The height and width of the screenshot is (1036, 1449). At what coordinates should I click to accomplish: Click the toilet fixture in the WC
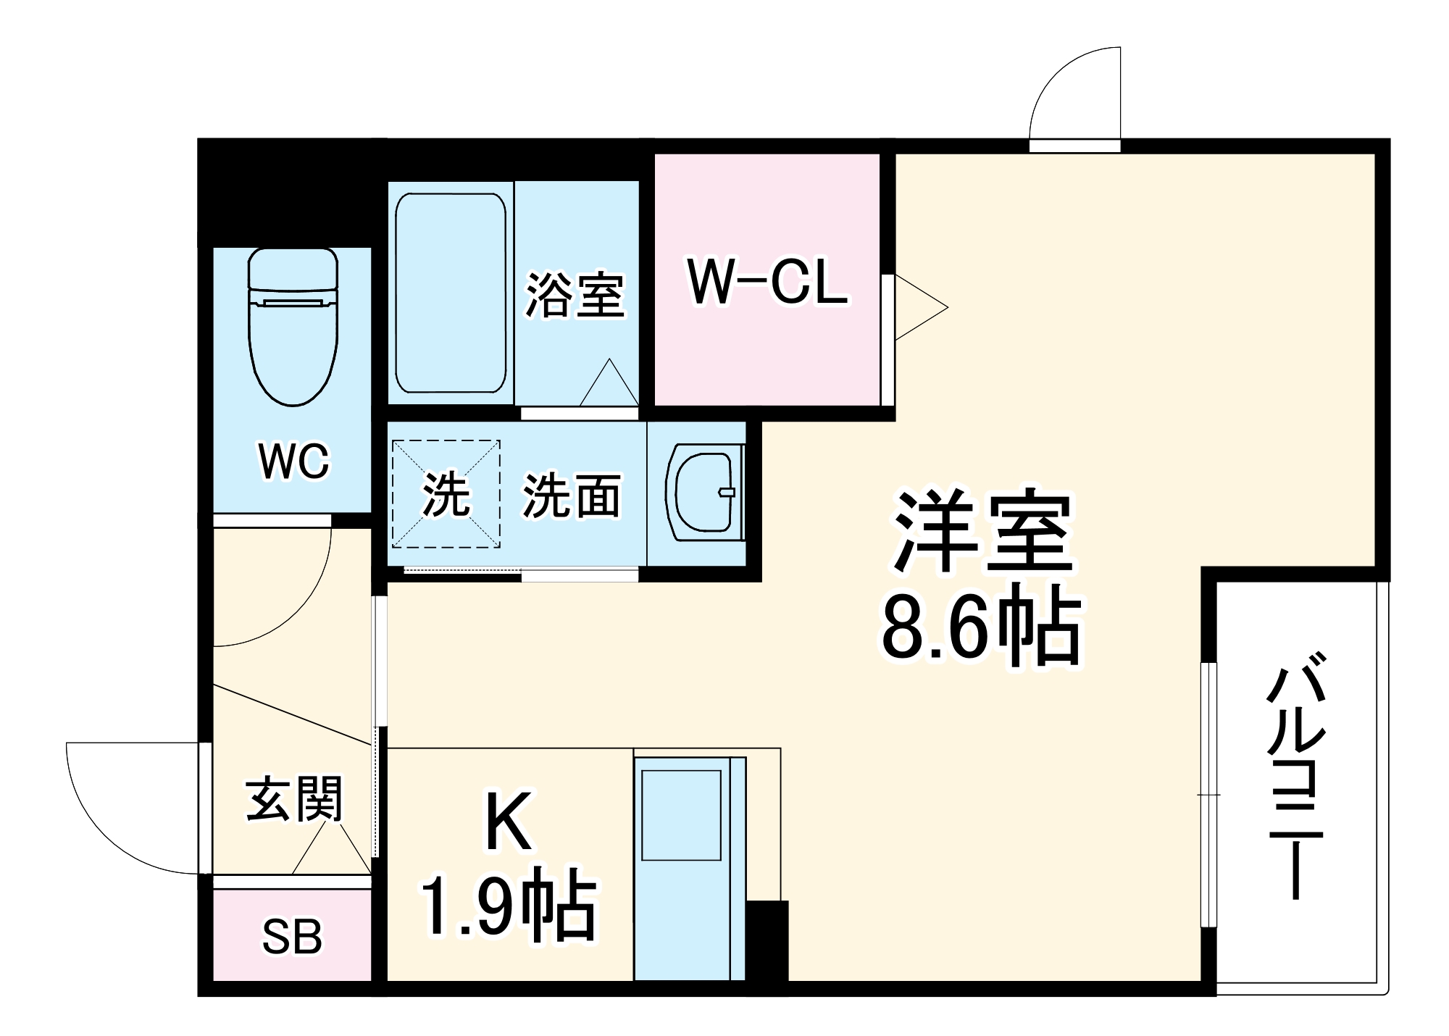293,326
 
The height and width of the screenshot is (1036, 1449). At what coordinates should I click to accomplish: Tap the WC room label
293,461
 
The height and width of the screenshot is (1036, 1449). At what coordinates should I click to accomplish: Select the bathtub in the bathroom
450,293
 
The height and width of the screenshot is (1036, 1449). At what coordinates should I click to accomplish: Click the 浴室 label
575,295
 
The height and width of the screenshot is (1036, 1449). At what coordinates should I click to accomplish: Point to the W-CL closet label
767,283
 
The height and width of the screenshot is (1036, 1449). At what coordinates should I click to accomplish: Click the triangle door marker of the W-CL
918,307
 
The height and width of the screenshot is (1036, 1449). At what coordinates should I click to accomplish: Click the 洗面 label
572,497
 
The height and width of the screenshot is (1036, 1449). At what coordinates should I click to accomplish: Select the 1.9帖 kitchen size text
509,906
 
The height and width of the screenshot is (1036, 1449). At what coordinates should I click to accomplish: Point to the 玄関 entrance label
293,800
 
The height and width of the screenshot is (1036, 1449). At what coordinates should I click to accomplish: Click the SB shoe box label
291,937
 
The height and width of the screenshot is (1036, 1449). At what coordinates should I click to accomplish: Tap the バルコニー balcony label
1296,775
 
